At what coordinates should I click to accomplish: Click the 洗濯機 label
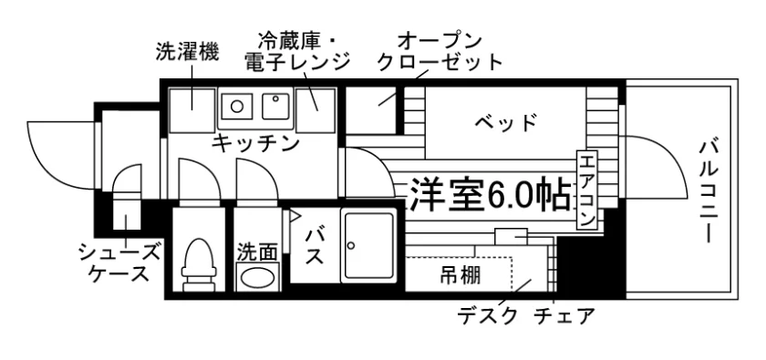click(x=187, y=52)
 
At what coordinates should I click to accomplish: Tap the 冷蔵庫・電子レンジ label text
click(x=296, y=51)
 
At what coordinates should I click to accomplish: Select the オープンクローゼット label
click(x=440, y=52)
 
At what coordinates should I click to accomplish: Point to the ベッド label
click(x=506, y=122)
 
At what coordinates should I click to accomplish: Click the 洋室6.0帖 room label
click(x=490, y=193)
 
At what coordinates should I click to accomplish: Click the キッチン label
click(x=255, y=143)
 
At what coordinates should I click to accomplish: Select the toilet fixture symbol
click(x=199, y=262)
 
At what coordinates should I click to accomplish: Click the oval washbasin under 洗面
click(x=257, y=278)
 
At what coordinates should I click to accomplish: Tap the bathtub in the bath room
click(x=368, y=245)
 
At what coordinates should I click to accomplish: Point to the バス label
click(x=314, y=247)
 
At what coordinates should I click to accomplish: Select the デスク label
click(x=487, y=316)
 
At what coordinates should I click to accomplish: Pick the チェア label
click(x=564, y=316)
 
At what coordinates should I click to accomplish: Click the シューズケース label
click(x=119, y=263)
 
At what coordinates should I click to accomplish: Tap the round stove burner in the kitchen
click(x=237, y=106)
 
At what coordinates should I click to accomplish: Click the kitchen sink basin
click(x=276, y=106)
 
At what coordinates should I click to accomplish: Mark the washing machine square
click(x=192, y=110)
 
